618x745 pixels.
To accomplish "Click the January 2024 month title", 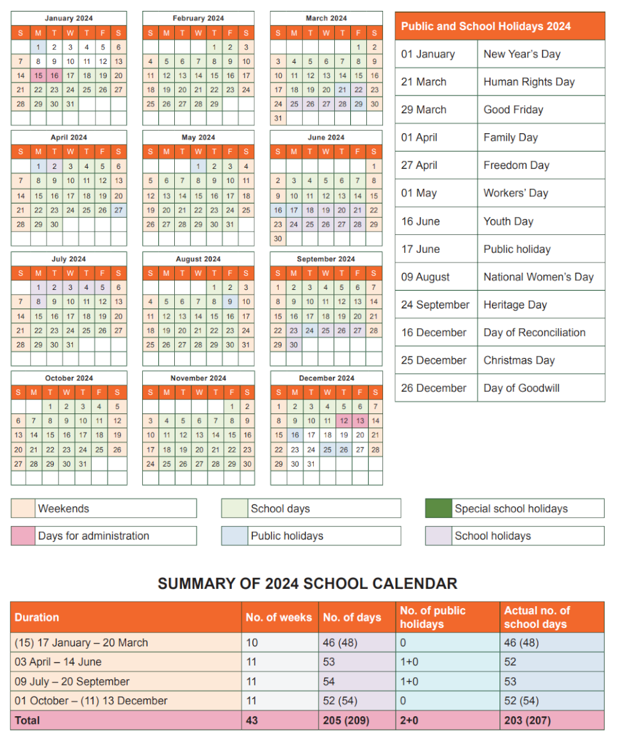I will (x=69, y=19).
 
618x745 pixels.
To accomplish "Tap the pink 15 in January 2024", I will (x=38, y=76).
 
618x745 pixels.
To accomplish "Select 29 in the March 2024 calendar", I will (x=359, y=104).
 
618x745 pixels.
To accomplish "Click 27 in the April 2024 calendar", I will (x=118, y=210).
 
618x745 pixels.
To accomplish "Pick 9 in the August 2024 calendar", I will (x=230, y=301).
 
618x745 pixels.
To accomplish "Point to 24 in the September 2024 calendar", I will (x=310, y=330).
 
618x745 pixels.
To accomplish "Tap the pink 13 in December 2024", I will (x=360, y=421).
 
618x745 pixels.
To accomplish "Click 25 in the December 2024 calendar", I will (x=327, y=450).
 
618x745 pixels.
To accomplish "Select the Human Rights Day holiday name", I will (x=529, y=82).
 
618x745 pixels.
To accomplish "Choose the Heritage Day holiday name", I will (x=515, y=305).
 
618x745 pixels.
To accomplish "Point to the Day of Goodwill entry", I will (x=521, y=388).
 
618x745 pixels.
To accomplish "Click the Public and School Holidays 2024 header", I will (x=485, y=26).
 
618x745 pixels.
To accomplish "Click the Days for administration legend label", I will (x=94, y=536).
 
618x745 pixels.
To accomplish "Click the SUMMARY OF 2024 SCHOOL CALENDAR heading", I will (x=307, y=584).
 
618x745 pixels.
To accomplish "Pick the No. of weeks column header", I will (x=279, y=617).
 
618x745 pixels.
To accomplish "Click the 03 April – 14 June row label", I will (x=58, y=662).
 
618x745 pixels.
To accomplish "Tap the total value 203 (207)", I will (x=527, y=720).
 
